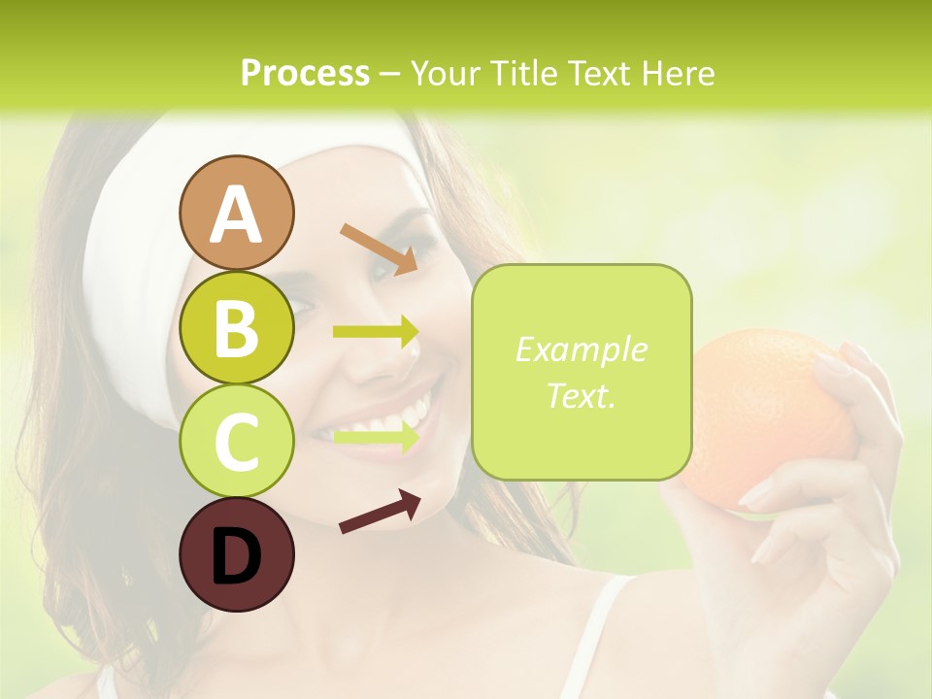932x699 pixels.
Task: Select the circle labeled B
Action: pyautogui.click(x=236, y=327)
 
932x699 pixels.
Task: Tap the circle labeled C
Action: pyautogui.click(x=236, y=442)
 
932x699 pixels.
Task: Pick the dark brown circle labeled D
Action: pyautogui.click(x=236, y=555)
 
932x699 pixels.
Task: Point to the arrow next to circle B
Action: pyautogui.click(x=376, y=332)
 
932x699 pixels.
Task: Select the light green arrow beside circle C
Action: pyautogui.click(x=376, y=437)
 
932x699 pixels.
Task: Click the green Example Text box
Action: pyautogui.click(x=582, y=372)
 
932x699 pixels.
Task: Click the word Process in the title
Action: pyautogui.click(x=305, y=74)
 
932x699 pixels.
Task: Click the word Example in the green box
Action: pyautogui.click(x=582, y=349)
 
